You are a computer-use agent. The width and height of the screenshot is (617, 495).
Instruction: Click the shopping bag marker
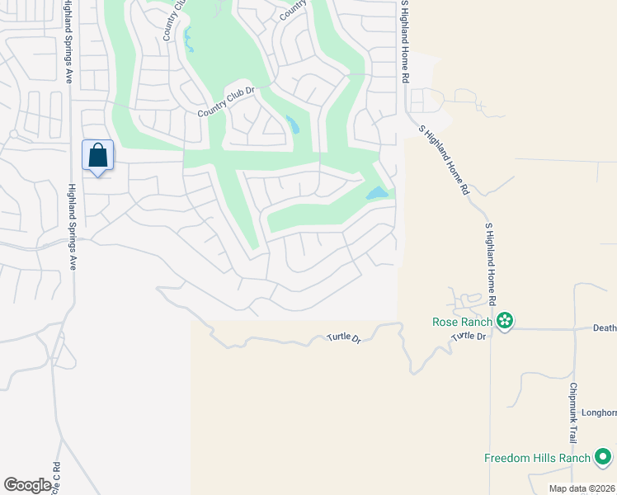point(97,155)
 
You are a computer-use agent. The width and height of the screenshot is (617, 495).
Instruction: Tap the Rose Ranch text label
point(462,321)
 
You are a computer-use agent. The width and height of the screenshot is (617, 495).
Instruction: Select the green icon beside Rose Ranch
point(505,321)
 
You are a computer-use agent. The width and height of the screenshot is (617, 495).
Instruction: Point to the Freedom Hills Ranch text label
point(537,458)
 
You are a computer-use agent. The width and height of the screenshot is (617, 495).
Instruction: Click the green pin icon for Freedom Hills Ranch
point(603,457)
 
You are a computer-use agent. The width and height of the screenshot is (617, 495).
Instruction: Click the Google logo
point(28,485)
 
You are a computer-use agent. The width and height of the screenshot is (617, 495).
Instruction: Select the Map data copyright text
point(582,488)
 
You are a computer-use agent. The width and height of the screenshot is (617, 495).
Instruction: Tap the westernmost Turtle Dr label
point(344,337)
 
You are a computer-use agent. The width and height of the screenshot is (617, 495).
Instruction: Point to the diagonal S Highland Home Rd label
point(444,159)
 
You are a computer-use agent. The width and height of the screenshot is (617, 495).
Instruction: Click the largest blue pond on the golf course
point(377,193)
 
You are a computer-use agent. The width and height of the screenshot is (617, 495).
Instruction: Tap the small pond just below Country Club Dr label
point(293,125)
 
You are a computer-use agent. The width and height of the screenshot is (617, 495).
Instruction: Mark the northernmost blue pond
point(188,37)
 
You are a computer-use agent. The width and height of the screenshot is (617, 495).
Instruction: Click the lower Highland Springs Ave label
point(72,227)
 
